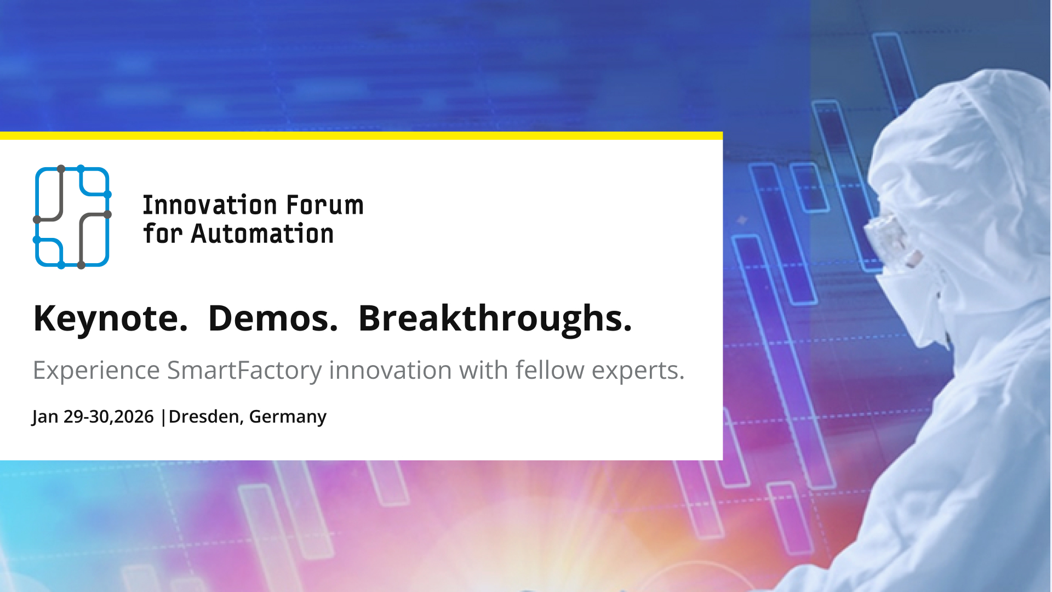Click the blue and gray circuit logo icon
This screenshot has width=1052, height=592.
pyautogui.click(x=72, y=217)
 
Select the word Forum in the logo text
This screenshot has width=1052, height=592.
pyautogui.click(x=324, y=206)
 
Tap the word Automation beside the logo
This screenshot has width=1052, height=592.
pyautogui.click(x=262, y=234)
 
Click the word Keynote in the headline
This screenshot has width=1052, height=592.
pyautogui.click(x=110, y=318)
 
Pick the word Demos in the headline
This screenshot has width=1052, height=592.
pyautogui.click(x=273, y=318)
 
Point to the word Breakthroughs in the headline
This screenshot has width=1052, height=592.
pyautogui.click(x=495, y=318)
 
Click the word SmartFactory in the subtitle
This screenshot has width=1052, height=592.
pyautogui.click(x=244, y=371)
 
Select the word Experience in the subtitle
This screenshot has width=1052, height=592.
pyautogui.click(x=96, y=371)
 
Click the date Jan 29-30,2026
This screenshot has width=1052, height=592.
pyautogui.click(x=93, y=417)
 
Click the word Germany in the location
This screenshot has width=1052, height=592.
pyautogui.click(x=288, y=417)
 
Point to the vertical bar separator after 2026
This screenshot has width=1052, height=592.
pyautogui.click(x=163, y=417)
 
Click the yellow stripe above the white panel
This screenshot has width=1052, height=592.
pyautogui.click(x=362, y=135)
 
